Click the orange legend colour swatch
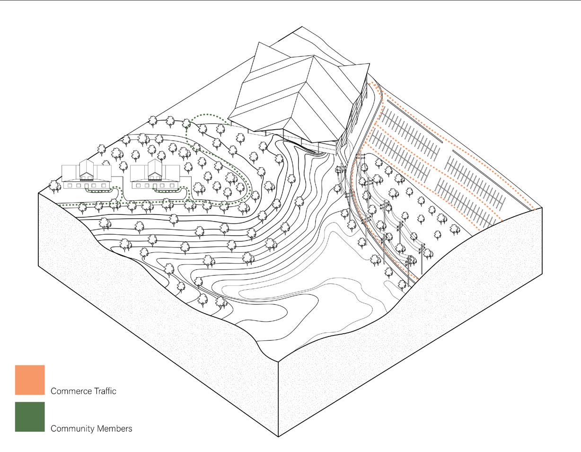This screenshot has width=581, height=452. [30, 380]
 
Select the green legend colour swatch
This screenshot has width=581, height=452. [30, 417]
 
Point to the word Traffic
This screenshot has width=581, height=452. [104, 391]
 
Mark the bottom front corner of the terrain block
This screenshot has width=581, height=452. [278, 436]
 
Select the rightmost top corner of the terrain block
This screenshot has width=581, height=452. [542, 208]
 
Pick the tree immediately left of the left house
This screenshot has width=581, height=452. [55, 187]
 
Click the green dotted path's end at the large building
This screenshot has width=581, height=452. [230, 124]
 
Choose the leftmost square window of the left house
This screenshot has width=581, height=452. [70, 186]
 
